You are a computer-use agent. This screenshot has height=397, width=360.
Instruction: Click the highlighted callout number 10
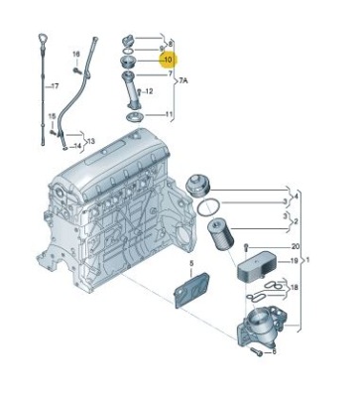(169, 60)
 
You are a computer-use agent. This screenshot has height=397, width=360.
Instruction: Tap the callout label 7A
(183, 80)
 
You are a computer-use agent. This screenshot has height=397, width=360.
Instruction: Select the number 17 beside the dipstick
(55, 86)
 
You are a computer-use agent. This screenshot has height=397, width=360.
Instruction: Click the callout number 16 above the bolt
(76, 54)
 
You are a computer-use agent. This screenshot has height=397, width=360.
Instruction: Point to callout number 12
(149, 91)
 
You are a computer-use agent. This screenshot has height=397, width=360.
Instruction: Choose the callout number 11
(169, 115)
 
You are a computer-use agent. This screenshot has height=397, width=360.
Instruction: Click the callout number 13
(91, 141)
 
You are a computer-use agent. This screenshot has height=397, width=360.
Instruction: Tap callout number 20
(296, 247)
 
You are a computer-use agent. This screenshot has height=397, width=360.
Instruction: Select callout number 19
(294, 261)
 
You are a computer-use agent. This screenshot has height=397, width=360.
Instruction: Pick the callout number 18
(294, 288)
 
